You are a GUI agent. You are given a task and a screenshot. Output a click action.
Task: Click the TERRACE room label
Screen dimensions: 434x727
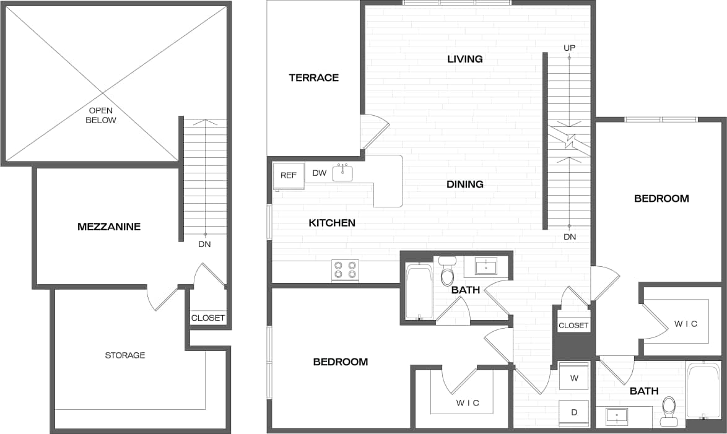coord(313,77)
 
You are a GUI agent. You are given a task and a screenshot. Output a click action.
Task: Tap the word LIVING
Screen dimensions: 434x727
coord(464,59)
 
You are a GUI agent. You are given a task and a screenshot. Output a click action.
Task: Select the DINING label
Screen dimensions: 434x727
coord(464,184)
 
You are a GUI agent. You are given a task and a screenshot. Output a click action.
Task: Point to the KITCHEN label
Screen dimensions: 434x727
coord(332,223)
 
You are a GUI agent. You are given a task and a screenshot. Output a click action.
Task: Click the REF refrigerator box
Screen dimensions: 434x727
coord(289,175)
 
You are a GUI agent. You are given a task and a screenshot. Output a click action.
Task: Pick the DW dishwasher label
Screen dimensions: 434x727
coord(319,173)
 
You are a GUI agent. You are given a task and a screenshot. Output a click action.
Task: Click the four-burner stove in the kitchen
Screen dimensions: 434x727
coord(346,270)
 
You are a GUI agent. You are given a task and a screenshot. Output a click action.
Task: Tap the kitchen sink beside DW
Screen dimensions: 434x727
coord(342,173)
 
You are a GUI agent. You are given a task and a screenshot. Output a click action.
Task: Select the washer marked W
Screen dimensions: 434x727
coord(574,376)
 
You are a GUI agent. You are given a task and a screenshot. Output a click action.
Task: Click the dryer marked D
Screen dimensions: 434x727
coord(574,412)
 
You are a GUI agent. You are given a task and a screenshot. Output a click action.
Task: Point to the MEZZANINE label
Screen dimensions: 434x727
coord(109,227)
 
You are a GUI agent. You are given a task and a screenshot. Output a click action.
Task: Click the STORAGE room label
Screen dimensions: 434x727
coord(124,355)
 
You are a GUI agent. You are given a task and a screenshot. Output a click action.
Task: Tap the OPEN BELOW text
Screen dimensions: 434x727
coord(101,115)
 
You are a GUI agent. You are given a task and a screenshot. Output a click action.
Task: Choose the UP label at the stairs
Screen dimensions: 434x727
coord(569,48)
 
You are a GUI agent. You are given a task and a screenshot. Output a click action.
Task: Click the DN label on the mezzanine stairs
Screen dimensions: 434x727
coord(204,244)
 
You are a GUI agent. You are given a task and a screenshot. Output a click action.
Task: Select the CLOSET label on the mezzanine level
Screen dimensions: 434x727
coord(208,318)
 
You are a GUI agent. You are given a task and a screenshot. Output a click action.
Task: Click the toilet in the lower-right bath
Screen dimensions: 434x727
coord(669,410)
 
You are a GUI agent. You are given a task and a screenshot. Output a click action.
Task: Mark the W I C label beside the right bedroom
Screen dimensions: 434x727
coord(686,324)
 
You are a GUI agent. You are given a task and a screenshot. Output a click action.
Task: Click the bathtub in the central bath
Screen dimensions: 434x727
coord(419,291)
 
